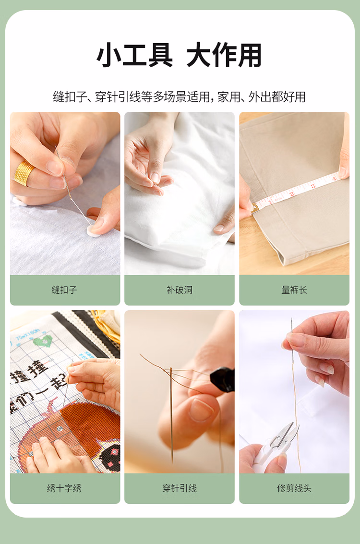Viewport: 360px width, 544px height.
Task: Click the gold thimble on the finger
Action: coord(24,173)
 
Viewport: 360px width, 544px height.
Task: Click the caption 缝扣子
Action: coord(64,290)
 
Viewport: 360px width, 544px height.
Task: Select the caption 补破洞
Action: coord(180,290)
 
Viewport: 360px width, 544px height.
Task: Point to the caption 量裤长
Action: coord(294,290)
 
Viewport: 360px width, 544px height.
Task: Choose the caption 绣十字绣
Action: coord(64,488)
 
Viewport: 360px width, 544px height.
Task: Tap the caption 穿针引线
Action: coord(180,488)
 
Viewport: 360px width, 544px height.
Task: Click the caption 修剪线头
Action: coord(294,488)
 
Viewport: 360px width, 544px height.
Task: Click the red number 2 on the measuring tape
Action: coord(292,193)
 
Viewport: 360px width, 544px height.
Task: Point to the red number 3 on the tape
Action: coord(313,186)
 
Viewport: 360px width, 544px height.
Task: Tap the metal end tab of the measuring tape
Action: coord(254,208)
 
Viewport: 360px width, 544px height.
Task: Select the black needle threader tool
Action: coord(222,380)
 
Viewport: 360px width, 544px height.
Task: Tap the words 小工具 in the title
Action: coord(134,55)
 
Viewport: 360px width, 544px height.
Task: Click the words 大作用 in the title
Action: coord(224,55)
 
